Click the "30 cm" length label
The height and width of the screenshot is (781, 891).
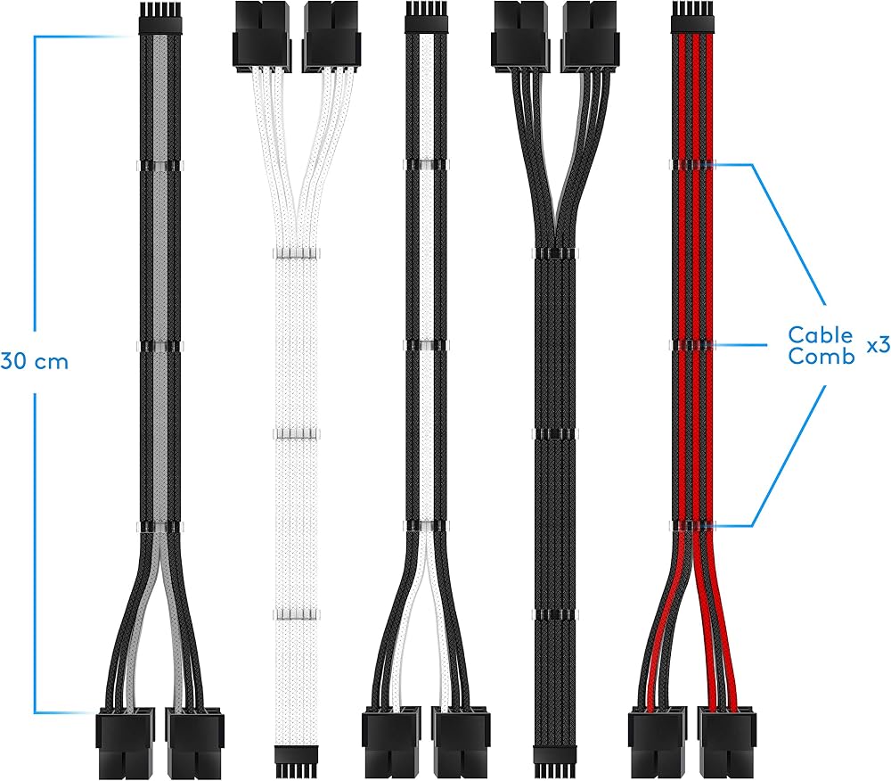(34, 361)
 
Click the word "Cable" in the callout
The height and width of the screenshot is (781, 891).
(820, 334)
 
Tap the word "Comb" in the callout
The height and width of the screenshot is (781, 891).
(822, 357)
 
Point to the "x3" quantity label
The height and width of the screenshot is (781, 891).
(879, 345)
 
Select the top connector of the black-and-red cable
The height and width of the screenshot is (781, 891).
(692, 17)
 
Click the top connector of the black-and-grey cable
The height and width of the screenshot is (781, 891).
(159, 17)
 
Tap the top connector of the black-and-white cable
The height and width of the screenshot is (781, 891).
(426, 17)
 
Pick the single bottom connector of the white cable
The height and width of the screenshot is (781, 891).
(296, 761)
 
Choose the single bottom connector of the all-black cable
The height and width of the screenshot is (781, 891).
(554, 761)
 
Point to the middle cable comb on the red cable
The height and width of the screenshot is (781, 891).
(692, 345)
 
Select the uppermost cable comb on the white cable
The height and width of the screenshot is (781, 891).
(296, 253)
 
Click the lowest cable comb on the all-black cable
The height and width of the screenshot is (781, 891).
(554, 614)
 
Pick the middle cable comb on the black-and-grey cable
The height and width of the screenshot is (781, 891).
(159, 345)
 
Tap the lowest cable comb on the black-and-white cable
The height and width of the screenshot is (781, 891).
(426, 526)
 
